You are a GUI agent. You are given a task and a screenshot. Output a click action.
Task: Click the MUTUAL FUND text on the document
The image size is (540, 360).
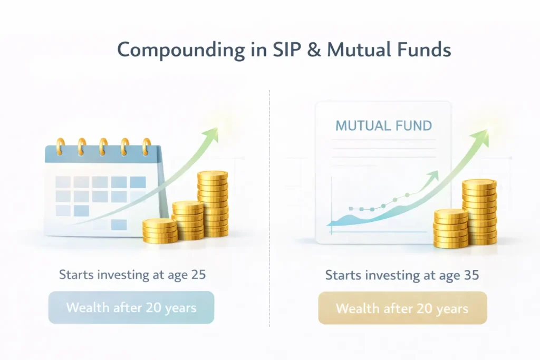click(383, 126)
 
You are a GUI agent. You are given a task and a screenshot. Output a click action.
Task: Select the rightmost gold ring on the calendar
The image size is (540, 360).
click(146, 146)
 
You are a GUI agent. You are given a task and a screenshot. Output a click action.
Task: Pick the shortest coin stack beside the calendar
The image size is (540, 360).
click(159, 231)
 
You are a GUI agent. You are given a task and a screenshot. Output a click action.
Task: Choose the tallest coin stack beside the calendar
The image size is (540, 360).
click(213, 203)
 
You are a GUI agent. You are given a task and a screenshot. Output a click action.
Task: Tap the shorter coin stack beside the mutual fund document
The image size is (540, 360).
click(451, 228)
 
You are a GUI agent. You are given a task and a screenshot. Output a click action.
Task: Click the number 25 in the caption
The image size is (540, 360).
click(198, 275)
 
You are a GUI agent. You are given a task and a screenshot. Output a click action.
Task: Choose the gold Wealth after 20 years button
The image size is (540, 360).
click(402, 308)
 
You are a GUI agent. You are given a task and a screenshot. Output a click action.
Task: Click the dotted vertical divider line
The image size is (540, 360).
click(269, 211)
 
